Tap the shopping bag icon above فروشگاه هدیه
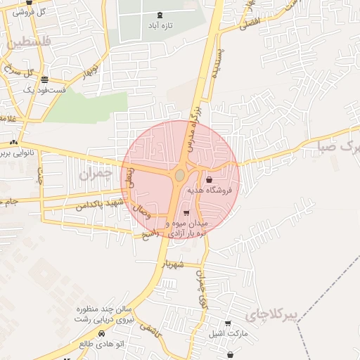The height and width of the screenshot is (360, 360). [209, 180]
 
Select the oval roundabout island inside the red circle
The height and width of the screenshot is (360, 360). [180, 174]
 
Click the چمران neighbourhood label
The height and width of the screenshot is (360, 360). [96, 174]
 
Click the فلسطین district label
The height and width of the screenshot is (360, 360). [28, 42]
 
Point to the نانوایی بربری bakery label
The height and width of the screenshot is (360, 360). [26, 152]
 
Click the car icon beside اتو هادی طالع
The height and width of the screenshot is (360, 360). [101, 333]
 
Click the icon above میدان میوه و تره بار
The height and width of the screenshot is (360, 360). [186, 213]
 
